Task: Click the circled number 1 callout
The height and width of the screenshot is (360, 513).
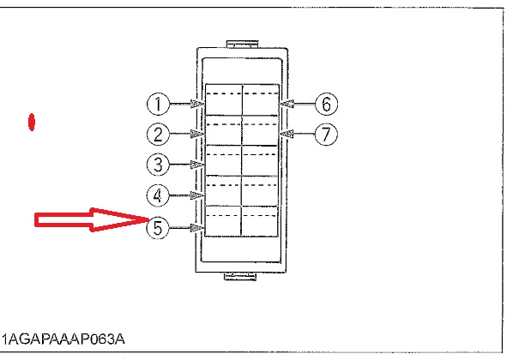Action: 159,104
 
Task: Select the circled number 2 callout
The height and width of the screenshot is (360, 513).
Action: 159,134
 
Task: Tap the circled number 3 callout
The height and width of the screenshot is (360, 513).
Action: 159,164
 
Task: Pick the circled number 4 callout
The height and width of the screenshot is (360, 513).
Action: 159,195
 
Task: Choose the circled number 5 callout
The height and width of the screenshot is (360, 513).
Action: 159,227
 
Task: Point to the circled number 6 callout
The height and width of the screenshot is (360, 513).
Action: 326,104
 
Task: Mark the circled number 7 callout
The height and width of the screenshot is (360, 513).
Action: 326,134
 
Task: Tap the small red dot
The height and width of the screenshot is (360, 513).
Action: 32,123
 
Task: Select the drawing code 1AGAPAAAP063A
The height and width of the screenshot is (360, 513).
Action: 63,339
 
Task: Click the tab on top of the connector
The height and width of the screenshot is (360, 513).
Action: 243,45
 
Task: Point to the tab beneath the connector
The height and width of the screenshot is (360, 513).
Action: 240,277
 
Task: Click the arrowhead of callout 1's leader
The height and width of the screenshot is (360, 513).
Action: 197,104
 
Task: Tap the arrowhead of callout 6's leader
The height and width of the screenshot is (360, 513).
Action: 287,104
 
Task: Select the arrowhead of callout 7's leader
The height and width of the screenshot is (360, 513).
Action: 287,134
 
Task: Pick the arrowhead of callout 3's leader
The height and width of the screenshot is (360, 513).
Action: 197,165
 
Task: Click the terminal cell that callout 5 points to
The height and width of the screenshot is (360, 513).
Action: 223,220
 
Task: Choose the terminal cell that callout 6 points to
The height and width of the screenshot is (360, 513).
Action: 261,99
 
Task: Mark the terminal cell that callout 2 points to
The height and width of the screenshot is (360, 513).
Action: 223,130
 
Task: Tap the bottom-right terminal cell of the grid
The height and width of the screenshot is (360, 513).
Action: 259,220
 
